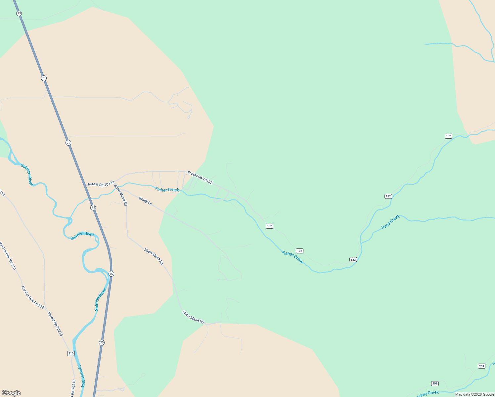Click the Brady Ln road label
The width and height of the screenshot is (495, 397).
tap(145, 201)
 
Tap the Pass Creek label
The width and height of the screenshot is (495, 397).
tap(390, 222)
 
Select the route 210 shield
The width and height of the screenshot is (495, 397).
tap(71, 353)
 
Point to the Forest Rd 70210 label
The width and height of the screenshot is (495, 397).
tap(55, 324)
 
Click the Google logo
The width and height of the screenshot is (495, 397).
tap(11, 393)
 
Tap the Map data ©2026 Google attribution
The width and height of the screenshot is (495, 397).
tap(474, 394)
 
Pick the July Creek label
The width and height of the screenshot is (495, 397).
tap(428, 394)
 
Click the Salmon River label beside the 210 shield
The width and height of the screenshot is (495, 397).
tap(81, 376)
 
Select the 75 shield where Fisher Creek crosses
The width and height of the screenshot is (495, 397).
tap(93, 207)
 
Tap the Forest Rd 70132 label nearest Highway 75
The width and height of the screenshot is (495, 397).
tap(101, 183)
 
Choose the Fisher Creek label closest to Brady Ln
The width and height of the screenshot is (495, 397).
tap(167, 190)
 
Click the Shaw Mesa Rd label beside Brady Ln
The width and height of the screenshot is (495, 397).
tap(121, 195)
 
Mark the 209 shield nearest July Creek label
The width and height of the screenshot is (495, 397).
tap(435, 383)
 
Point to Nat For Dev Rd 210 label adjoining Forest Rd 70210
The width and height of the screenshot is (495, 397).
tap(33, 297)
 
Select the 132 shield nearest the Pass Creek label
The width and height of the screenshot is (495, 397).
tap(388, 196)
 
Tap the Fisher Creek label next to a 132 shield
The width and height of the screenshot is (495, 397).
tap(292, 257)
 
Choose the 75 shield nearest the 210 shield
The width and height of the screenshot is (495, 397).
tap(102, 342)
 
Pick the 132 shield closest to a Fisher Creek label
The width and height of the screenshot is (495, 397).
tap(299, 251)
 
